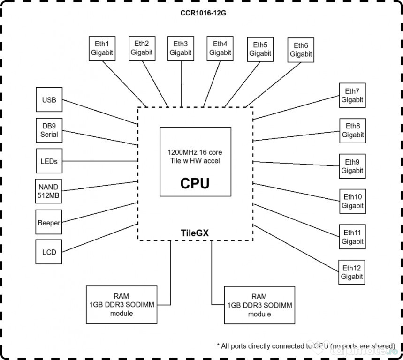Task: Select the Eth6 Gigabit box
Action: tap(301, 50)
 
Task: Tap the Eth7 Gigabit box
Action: tap(352, 95)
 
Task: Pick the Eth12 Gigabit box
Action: tap(352, 272)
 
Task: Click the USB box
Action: tap(49, 100)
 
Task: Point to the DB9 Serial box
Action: tap(49, 130)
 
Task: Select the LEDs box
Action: tap(49, 161)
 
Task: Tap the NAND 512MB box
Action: tap(49, 191)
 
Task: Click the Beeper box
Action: tap(49, 223)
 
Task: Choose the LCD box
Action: tap(49, 252)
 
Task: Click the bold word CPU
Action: tap(195, 183)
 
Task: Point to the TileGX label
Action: tap(195, 232)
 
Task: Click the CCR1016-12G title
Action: tap(200, 13)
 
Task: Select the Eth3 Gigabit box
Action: tap(181, 48)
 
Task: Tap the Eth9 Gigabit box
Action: tap(352, 166)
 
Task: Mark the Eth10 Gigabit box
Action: tap(352, 201)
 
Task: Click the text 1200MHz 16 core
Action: tap(195, 153)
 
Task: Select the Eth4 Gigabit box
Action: tap(220, 48)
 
